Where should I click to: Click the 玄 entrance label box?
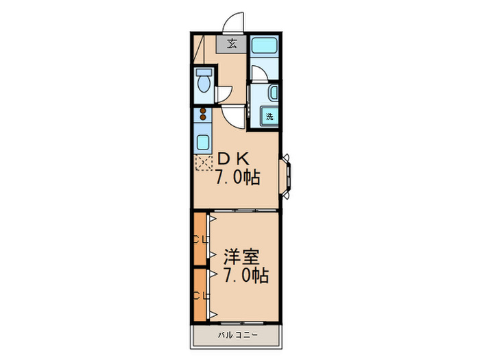pyautogui.click(x=232, y=45)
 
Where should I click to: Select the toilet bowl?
pyautogui.click(x=204, y=82)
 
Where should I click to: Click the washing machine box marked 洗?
pyautogui.click(x=270, y=117)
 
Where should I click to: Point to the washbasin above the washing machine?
pyautogui.click(x=274, y=93)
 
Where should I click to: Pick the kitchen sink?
pyautogui.click(x=204, y=143)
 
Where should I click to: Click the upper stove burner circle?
pyautogui.click(x=203, y=110)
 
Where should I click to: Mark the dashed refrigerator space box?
pyautogui.click(x=204, y=163)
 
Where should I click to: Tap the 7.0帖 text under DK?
pyautogui.click(x=237, y=178)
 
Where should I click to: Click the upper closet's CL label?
pyautogui.click(x=200, y=240)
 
